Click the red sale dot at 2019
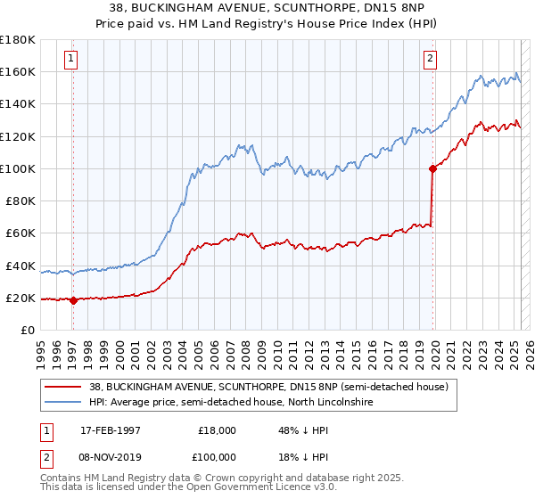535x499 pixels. coord(432,168)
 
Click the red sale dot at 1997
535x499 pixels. coord(73,301)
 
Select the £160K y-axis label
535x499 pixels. coord(18,71)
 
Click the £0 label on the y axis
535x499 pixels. coord(28,331)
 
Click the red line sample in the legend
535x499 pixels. coord(62,386)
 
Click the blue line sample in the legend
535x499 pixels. coord(62,403)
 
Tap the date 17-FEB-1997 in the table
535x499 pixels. coord(110,429)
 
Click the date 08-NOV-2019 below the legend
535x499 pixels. coord(111,456)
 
